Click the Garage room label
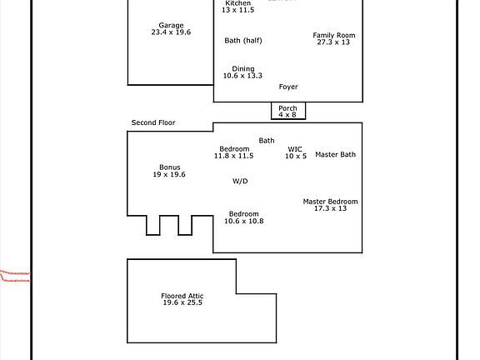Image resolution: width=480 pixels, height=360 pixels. click(x=171, y=25)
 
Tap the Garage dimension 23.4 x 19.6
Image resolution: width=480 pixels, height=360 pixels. click(x=171, y=32)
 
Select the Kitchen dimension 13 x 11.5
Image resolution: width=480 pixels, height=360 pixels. click(x=237, y=10)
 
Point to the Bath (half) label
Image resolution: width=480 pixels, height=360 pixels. click(x=244, y=40)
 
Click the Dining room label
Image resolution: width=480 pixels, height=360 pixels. click(x=243, y=69)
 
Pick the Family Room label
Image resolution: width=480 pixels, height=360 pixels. click(x=334, y=35)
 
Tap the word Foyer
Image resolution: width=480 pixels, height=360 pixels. click(x=288, y=87)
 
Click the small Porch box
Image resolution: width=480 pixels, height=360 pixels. click(x=287, y=111)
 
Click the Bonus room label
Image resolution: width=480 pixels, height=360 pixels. click(x=170, y=167)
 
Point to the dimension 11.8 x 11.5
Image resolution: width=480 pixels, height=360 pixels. click(x=233, y=156)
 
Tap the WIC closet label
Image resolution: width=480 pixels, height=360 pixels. click(x=296, y=149)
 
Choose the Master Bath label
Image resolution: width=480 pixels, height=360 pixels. click(x=335, y=154)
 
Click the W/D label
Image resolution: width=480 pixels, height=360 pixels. click(x=240, y=181)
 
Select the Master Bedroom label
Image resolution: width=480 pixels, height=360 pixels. click(x=330, y=202)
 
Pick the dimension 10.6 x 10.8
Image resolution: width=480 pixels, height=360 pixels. click(x=244, y=221)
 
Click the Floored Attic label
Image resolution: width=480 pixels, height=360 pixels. click(x=182, y=296)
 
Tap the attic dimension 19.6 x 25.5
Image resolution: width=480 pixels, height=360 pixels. click(x=182, y=303)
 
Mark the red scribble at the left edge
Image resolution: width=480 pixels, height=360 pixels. click(x=15, y=275)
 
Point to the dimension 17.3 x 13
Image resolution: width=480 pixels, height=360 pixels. click(x=330, y=209)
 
